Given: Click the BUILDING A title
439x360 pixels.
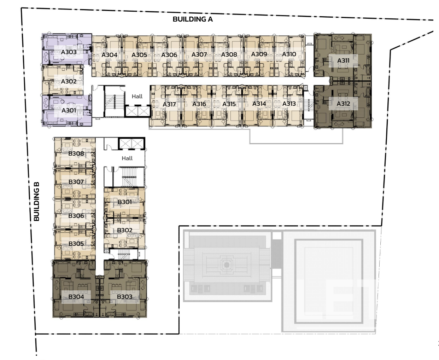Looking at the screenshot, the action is pos(193,19).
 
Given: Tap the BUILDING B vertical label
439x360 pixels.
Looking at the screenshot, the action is pos(36,201).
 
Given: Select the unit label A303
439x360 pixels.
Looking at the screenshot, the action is pos(69,52).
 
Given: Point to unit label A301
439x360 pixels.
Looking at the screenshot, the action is pos(69,110).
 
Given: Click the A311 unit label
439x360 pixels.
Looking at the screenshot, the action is pos(343,60).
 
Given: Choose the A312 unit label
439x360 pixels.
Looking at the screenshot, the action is pos(343,104).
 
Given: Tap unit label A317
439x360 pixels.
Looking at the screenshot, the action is pos(169,104).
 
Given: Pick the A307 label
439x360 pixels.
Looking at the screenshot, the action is pos(199,55).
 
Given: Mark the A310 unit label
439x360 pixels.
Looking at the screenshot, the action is pos(289,54).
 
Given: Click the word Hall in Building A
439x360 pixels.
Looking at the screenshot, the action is pos(137,97).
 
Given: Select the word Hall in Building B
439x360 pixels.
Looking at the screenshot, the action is pos(127,158).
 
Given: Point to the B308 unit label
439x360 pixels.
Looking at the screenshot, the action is pos(76,154).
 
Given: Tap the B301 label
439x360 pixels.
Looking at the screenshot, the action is pos(124,202).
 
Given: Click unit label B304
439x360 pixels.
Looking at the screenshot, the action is pos(76,297).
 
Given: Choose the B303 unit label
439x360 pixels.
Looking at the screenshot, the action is pos(125,297).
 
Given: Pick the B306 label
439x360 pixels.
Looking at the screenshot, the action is pos(76,216).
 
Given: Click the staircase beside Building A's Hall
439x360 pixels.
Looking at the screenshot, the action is pos(114,101).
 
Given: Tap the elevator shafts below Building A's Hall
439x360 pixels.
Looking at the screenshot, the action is pos(137,111).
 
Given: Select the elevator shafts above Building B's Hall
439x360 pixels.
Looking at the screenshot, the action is pos(131,143).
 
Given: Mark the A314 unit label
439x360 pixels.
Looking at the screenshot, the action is pos(259,104).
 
